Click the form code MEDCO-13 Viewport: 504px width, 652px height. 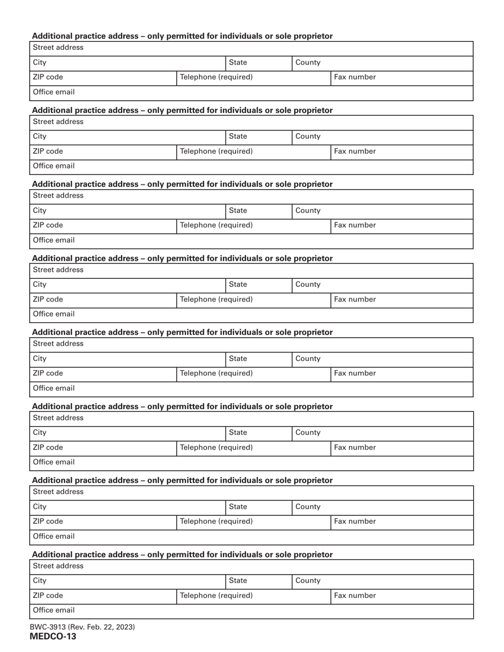(x=53, y=636)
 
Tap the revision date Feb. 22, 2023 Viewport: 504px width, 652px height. (x=109, y=627)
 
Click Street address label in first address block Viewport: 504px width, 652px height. (x=58, y=48)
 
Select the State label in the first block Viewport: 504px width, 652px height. (x=238, y=63)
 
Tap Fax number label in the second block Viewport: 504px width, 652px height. (x=355, y=151)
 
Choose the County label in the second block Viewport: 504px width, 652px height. (x=308, y=136)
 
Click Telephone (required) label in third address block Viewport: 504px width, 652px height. (x=216, y=225)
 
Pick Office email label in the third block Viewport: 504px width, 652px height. (x=54, y=240)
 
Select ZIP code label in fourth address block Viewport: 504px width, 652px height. (x=48, y=299)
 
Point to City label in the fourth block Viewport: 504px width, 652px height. (x=40, y=285)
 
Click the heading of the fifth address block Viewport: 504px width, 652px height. (x=183, y=332)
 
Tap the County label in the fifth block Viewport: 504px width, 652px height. (x=308, y=358)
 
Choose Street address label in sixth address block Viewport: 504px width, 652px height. (x=58, y=418)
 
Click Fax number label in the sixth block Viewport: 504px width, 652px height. (x=355, y=447)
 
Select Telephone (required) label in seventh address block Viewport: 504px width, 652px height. (x=216, y=522)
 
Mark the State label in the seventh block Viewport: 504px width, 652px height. (x=238, y=507)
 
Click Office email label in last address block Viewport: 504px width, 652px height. (x=54, y=610)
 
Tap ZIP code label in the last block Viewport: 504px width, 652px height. (x=48, y=595)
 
